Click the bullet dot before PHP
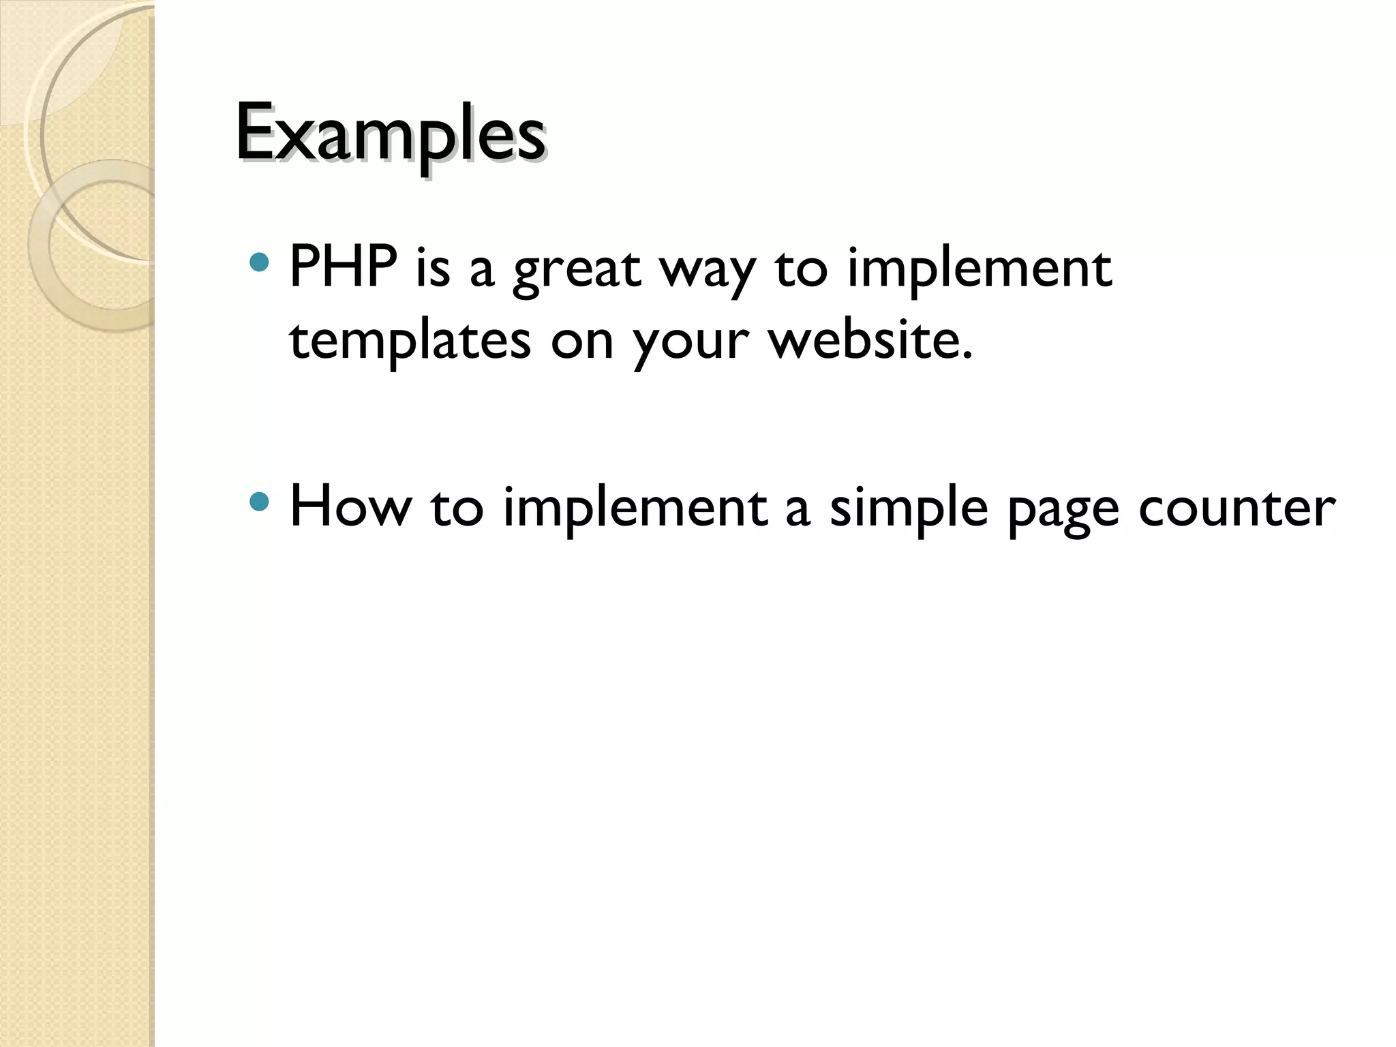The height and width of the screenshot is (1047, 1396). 259,262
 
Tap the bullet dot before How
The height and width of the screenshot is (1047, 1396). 259,502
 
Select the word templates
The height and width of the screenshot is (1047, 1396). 410,341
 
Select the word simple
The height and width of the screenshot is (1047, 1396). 909,509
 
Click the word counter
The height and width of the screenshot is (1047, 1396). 1236,509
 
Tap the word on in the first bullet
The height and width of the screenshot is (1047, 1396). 582,342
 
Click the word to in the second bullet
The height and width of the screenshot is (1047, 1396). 457,508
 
